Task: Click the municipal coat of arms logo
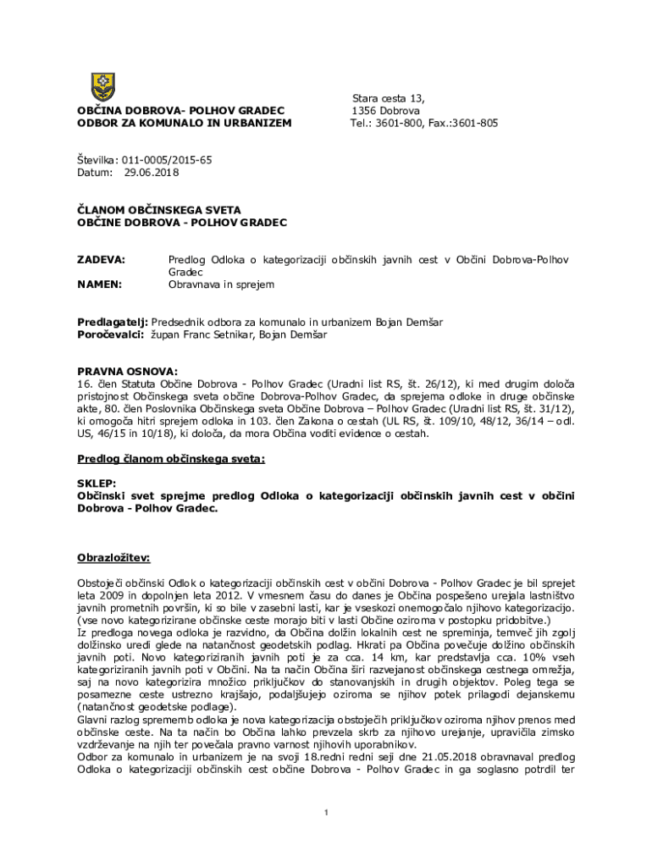102,86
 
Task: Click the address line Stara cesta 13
389,98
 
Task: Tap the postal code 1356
367,111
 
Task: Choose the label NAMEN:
100,284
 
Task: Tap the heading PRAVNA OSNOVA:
128,371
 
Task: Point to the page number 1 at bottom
326,814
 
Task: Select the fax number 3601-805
475,123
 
